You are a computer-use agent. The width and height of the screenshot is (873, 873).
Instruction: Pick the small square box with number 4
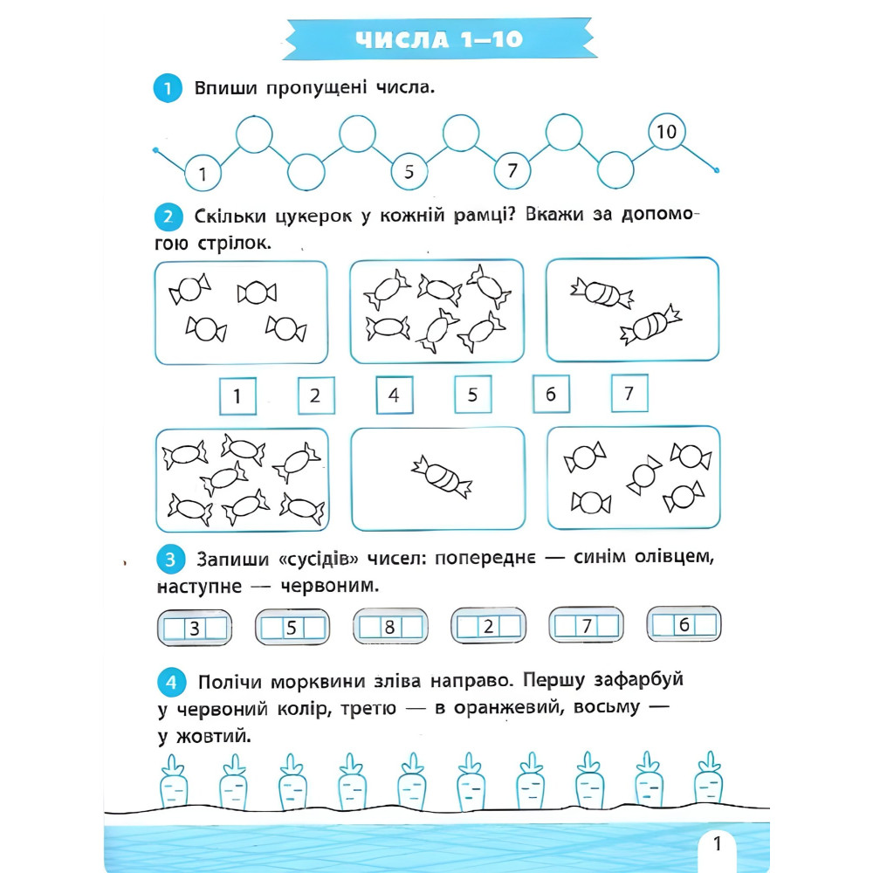(395, 395)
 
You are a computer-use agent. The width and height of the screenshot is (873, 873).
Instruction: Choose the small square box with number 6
(551, 395)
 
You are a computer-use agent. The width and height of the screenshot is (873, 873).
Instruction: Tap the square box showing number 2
(316, 395)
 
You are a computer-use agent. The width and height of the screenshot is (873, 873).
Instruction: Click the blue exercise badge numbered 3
(170, 559)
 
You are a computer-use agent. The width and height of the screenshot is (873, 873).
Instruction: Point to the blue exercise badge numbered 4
(171, 682)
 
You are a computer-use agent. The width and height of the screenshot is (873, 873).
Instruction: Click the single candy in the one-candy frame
(442, 477)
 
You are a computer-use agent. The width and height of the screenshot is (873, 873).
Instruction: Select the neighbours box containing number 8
(390, 626)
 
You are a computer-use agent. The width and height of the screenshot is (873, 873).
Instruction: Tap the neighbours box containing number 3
(195, 628)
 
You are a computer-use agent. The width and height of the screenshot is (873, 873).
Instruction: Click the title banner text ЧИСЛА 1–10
(439, 39)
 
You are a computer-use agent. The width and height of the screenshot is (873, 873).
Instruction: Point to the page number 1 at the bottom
(717, 843)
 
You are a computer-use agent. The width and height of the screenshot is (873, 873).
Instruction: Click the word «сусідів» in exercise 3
(318, 559)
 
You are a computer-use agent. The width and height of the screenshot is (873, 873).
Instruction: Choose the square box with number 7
(629, 393)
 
